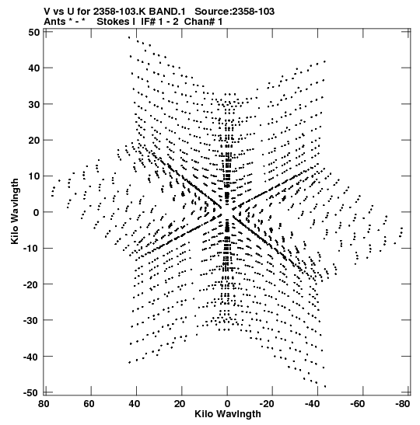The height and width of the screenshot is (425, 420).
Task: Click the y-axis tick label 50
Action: pos(34,33)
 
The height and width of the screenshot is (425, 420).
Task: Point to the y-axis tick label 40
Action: pos(34,68)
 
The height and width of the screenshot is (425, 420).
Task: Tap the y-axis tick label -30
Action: pos(32,320)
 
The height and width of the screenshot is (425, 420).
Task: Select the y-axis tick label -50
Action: pos(32,392)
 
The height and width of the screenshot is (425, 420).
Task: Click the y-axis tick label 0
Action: pos(37,213)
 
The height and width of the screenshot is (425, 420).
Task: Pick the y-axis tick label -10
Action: pos(32,249)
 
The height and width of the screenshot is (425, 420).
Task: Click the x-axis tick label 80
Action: pos(44,404)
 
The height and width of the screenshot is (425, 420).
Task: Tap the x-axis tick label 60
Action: pos(89,404)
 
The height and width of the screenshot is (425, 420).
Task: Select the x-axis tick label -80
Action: pos(401,404)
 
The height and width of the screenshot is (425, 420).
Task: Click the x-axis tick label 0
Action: pos(227,404)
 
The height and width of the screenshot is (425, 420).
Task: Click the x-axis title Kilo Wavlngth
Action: pos(228,414)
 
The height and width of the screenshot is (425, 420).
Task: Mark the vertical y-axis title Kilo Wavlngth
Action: pos(15,211)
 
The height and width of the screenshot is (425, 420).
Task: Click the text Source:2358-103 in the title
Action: pos(235,12)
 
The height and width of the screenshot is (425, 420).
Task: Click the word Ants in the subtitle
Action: pos(54,22)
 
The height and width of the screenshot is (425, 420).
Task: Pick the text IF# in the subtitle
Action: pos(148,22)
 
